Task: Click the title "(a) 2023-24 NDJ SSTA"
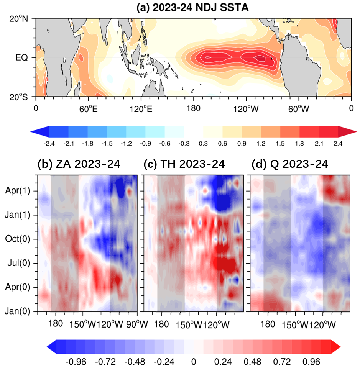(x=192, y=8)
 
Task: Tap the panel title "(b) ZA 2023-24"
(x=79, y=164)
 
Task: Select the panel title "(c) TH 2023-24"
(x=184, y=164)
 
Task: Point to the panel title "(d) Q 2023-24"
(x=290, y=164)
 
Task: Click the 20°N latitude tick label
(x=18, y=19)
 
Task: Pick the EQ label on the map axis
(x=21, y=57)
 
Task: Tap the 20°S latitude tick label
(x=18, y=97)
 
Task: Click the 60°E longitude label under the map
(x=88, y=109)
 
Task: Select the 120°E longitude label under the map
(x=141, y=109)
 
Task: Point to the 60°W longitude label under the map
(x=299, y=109)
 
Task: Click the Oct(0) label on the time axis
(x=17, y=239)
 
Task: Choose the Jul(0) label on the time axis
(x=19, y=263)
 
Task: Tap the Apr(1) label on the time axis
(x=18, y=191)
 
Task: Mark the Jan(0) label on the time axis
(x=17, y=311)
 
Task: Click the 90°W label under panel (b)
(x=137, y=324)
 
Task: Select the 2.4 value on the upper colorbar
(x=338, y=144)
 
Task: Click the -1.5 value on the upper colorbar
(x=107, y=144)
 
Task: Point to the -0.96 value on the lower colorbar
(x=76, y=362)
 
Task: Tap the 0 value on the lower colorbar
(x=194, y=362)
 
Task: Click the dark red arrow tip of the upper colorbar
(x=357, y=131)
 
